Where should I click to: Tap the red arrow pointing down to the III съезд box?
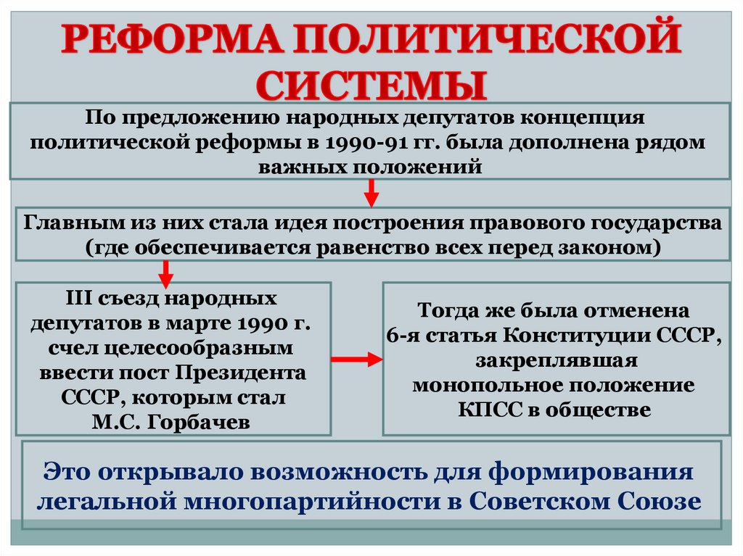(x=165, y=273)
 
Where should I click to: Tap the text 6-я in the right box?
(x=403, y=336)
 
